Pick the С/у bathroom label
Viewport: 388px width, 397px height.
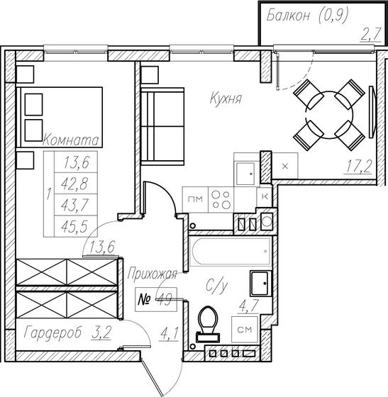click(216, 287)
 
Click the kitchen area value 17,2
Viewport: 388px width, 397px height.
click(360, 167)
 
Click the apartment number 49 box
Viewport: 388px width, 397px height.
click(155, 299)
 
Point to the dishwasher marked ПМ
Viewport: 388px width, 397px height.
click(196, 200)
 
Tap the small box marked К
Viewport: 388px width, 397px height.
click(264, 196)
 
